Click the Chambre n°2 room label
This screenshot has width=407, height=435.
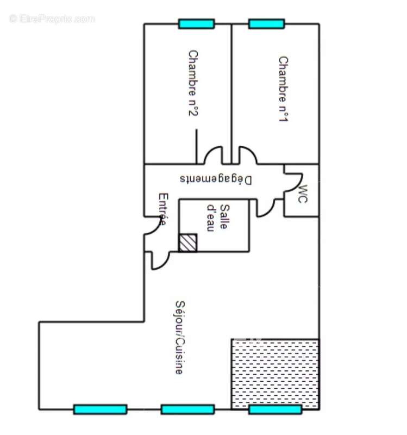(193, 83)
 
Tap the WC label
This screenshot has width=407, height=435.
(303, 194)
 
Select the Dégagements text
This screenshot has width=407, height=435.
(216, 179)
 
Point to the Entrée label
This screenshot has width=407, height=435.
(162, 209)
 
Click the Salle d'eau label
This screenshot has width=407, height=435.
(218, 217)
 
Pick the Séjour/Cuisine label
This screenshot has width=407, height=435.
(179, 337)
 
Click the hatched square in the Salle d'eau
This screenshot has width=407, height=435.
(188, 243)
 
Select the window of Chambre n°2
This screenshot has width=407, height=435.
(196, 24)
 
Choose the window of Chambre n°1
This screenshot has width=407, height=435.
(266, 24)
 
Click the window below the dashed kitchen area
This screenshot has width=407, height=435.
(275, 409)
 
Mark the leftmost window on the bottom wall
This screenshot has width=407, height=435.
(100, 409)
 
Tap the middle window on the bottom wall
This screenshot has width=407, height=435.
(187, 409)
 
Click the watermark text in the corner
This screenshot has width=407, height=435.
(52, 18)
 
